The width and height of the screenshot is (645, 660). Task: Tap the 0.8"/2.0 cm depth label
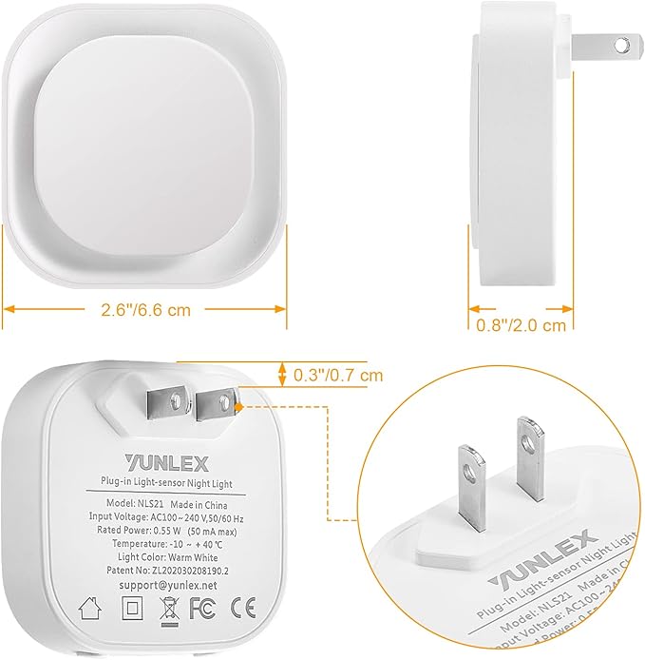click(x=522, y=325)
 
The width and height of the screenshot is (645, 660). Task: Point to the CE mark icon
click(x=243, y=605)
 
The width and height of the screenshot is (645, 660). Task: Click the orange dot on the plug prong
click(x=235, y=403)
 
